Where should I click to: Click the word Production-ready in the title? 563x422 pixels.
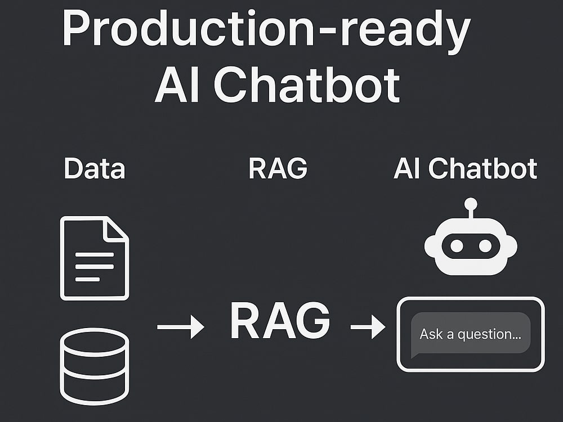click(x=265, y=29)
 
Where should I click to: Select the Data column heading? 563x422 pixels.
click(x=94, y=169)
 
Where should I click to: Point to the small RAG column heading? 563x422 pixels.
click(x=278, y=169)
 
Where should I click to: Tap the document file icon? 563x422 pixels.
click(x=94, y=258)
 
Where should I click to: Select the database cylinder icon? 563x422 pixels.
click(x=94, y=366)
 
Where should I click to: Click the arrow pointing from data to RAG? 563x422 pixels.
click(x=180, y=327)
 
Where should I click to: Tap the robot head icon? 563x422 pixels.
click(x=470, y=245)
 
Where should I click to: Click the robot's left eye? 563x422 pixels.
click(x=457, y=246)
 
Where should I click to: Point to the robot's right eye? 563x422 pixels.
click(x=485, y=246)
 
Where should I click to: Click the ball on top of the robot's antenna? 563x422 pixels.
click(x=471, y=204)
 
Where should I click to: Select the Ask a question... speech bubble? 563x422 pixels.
click(x=470, y=334)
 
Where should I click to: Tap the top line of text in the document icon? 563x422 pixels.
click(x=94, y=255)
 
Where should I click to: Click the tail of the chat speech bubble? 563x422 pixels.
click(x=414, y=354)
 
